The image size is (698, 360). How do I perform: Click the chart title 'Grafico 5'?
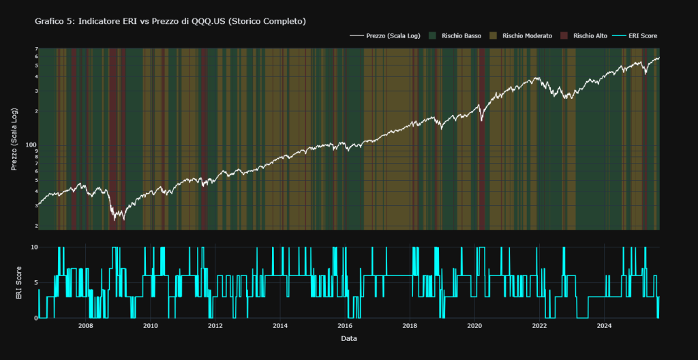170,22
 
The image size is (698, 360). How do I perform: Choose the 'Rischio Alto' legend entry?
590,35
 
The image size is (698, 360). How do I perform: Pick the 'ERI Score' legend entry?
641,35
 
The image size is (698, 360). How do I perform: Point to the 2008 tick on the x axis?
86,326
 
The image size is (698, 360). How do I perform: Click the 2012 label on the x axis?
215,326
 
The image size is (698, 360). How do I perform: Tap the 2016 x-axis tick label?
345,326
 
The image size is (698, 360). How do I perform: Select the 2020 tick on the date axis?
474,326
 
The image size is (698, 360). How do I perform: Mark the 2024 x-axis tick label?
604,326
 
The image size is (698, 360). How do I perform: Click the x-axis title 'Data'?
348,338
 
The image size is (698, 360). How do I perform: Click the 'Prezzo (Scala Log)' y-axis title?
16,138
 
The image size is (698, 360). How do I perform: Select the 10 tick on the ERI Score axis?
31,247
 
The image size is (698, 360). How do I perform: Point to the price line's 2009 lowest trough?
115,220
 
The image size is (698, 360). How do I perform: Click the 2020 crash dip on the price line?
481,121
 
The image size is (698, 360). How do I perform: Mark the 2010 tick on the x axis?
151,326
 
